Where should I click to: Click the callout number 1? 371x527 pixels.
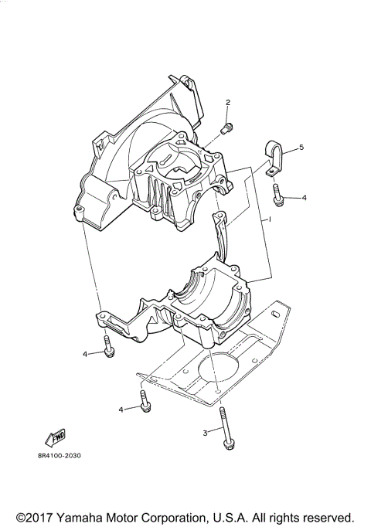point(271,221)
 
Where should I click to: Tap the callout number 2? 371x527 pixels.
point(228,103)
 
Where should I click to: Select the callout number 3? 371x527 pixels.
point(205,433)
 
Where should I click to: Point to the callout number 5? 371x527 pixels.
point(301,147)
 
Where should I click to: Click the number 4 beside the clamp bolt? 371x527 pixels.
point(304,198)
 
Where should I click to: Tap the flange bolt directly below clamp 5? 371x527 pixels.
point(277,196)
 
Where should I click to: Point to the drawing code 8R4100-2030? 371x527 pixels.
point(59,455)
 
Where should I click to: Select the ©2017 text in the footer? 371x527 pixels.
point(36,516)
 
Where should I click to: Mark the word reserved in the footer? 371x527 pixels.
point(327,516)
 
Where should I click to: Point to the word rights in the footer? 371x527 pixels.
point(284,516)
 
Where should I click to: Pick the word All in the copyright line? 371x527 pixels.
point(262,516)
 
